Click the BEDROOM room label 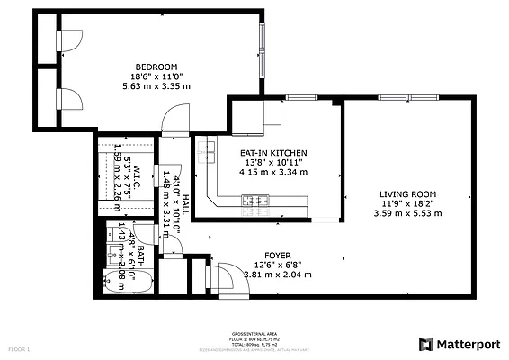point(156,67)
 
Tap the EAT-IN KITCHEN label point(273,153)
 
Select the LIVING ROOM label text point(407,193)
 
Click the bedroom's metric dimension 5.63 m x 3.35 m point(156,86)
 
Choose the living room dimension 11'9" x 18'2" point(407,203)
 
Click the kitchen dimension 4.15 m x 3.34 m point(273,172)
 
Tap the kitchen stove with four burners point(254,200)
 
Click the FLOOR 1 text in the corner point(19,348)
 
